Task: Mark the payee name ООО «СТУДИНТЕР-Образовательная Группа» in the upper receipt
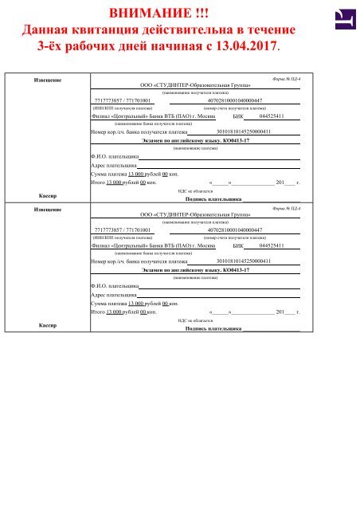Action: pyautogui.click(x=195, y=84)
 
